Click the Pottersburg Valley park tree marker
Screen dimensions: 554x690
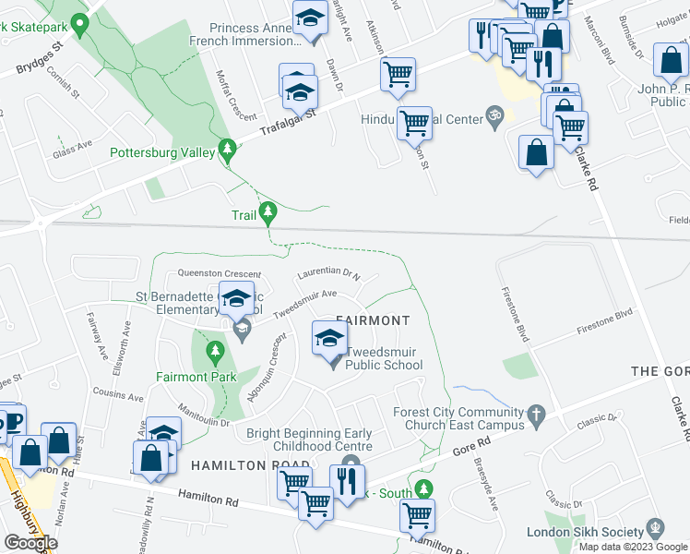click(227, 150)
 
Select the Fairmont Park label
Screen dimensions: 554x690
click(196, 376)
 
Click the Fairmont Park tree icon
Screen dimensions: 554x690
click(215, 351)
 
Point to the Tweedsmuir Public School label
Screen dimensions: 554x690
click(384, 358)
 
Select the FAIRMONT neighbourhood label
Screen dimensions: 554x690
click(373, 320)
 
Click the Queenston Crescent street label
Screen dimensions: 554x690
click(219, 273)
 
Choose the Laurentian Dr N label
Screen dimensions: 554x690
click(328, 273)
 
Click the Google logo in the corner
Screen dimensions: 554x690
click(30, 543)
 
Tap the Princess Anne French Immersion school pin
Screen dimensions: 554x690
click(311, 19)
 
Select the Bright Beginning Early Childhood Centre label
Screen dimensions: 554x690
click(309, 440)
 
